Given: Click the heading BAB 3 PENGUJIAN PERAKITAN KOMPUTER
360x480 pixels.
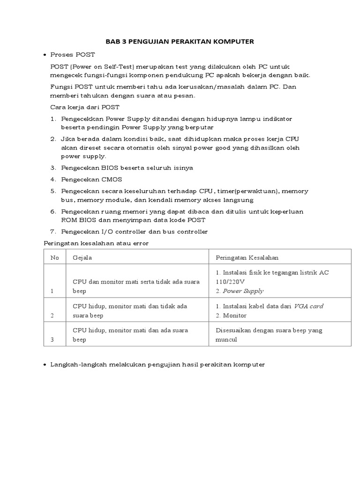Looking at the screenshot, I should click(x=180, y=42).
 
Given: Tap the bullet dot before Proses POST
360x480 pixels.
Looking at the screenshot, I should click(x=45, y=55).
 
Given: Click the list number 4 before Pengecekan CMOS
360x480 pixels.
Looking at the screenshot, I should click(x=53, y=179).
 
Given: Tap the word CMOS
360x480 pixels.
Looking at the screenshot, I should click(x=101, y=179).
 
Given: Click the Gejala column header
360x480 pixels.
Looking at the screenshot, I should click(x=82, y=257).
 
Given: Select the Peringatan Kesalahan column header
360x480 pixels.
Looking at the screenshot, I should click(x=247, y=257).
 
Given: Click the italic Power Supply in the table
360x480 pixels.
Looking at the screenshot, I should click(x=243, y=291).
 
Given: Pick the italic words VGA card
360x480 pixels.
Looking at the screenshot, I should click(x=308, y=306).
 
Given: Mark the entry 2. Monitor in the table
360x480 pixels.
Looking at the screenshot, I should click(x=231, y=315).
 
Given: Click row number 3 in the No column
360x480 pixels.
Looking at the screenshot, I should click(x=52, y=340).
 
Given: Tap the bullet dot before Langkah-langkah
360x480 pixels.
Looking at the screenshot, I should click(x=45, y=365).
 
